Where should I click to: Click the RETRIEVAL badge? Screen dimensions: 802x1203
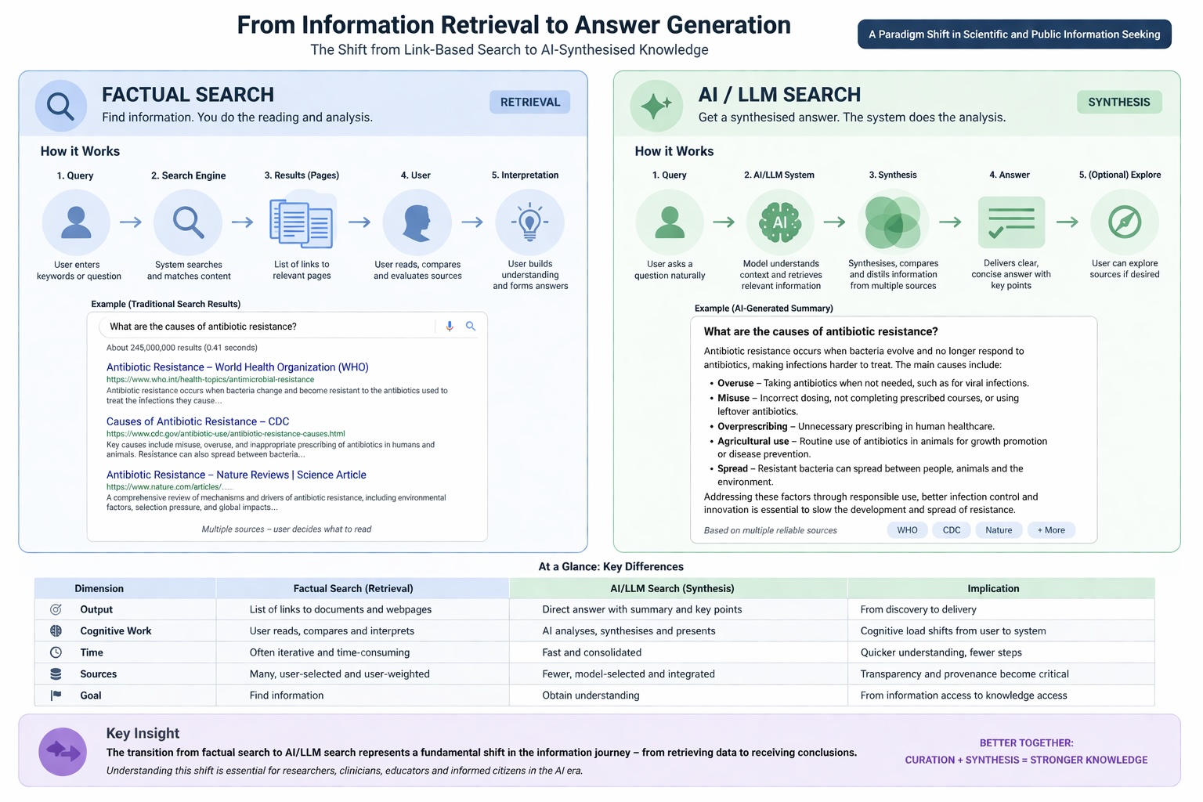[529, 102]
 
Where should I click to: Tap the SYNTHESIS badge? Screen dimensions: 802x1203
[1118, 102]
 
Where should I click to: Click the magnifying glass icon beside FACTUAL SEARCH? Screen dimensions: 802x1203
[60, 105]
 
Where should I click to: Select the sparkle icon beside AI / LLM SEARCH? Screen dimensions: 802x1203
[656, 105]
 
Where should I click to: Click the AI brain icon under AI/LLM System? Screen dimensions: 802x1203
[780, 222]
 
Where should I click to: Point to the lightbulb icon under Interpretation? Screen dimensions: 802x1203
[529, 222]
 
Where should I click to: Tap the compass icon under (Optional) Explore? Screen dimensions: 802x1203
[1124, 222]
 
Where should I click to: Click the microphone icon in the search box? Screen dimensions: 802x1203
[450, 326]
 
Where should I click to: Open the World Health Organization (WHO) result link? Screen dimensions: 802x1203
[237, 367]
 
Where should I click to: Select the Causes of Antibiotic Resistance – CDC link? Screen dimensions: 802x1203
[197, 421]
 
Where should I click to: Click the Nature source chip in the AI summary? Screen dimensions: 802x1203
[999, 530]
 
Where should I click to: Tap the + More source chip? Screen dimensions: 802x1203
[1051, 530]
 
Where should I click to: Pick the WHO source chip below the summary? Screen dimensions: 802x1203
[907, 530]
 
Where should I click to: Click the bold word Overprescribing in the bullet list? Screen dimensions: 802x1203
[752, 427]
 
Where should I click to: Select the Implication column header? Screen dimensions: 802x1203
[993, 589]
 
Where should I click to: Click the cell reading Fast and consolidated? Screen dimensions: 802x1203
[591, 652]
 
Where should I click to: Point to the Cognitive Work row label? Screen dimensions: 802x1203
[115, 631]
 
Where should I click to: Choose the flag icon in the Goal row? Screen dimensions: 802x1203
[56, 695]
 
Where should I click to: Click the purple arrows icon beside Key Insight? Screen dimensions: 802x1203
[63, 752]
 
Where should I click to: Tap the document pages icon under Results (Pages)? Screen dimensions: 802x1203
[302, 224]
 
